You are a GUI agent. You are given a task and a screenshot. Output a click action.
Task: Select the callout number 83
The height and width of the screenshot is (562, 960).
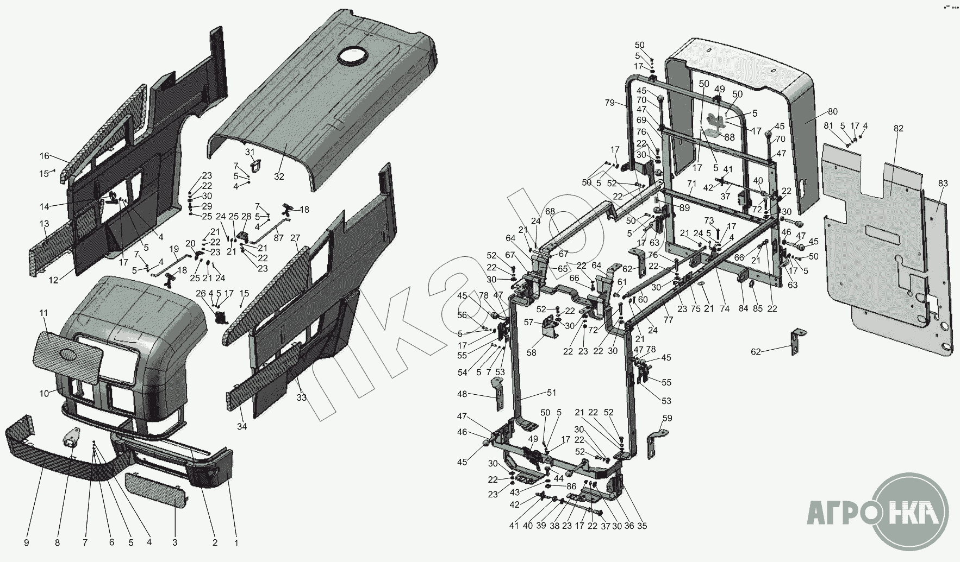click(x=943, y=184)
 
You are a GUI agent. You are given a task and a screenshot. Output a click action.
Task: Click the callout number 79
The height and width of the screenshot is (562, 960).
click(x=609, y=103)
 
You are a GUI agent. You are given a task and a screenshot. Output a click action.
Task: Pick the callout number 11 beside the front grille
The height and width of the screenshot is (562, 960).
click(x=43, y=313)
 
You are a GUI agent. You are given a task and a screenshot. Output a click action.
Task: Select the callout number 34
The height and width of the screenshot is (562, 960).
click(x=242, y=426)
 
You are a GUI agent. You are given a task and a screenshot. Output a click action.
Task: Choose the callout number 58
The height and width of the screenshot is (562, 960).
click(x=531, y=352)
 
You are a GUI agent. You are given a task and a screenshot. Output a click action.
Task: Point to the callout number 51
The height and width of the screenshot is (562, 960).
click(x=552, y=393)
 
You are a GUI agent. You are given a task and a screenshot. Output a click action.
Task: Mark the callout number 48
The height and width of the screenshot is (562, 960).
click(x=463, y=394)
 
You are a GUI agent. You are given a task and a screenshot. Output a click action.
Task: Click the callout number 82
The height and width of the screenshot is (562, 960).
click(x=898, y=128)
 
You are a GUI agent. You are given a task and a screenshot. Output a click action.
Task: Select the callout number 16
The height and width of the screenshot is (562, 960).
click(x=44, y=156)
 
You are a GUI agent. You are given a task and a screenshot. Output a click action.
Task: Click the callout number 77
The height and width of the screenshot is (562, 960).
click(x=668, y=320)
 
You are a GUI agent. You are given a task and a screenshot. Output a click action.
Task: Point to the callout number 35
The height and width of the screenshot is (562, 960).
click(x=642, y=526)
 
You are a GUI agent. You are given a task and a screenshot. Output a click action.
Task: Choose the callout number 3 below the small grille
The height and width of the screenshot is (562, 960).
click(x=174, y=541)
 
